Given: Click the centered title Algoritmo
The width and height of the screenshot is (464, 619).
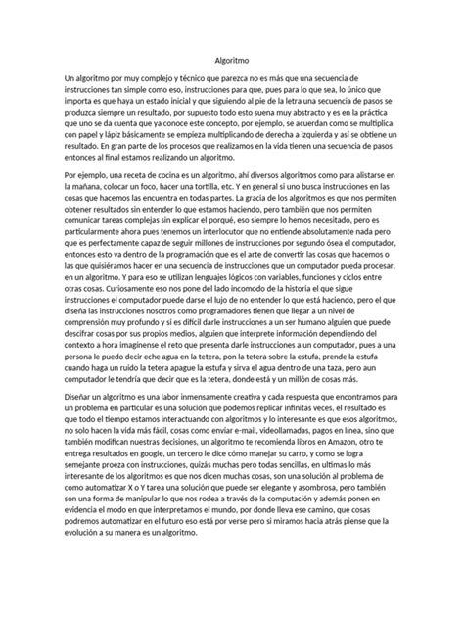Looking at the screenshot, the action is point(232,59).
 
